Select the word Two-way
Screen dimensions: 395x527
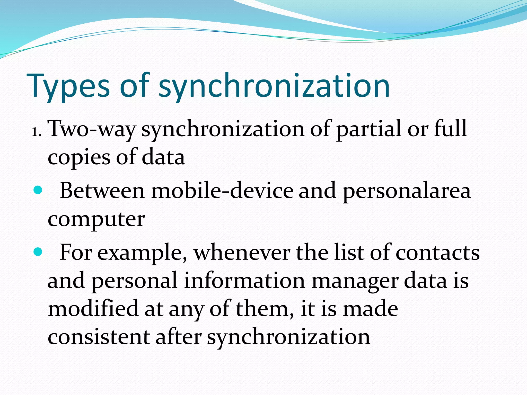click(x=91, y=129)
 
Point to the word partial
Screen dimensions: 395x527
click(x=369, y=129)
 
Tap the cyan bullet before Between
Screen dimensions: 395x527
click(x=38, y=190)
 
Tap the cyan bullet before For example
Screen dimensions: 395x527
click(x=38, y=252)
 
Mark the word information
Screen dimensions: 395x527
click(x=245, y=281)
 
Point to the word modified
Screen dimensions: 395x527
click(x=93, y=308)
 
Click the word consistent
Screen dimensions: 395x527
click(x=99, y=337)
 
